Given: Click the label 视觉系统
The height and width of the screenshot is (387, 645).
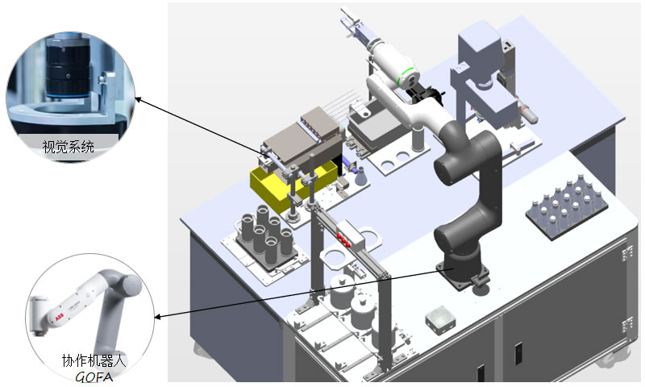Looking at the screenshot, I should tap(69, 148).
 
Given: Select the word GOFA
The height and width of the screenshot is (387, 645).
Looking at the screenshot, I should tap(92, 376).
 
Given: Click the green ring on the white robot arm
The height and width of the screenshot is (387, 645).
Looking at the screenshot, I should tap(411, 77).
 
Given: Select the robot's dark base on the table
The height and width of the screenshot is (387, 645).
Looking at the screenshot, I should tap(462, 270).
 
